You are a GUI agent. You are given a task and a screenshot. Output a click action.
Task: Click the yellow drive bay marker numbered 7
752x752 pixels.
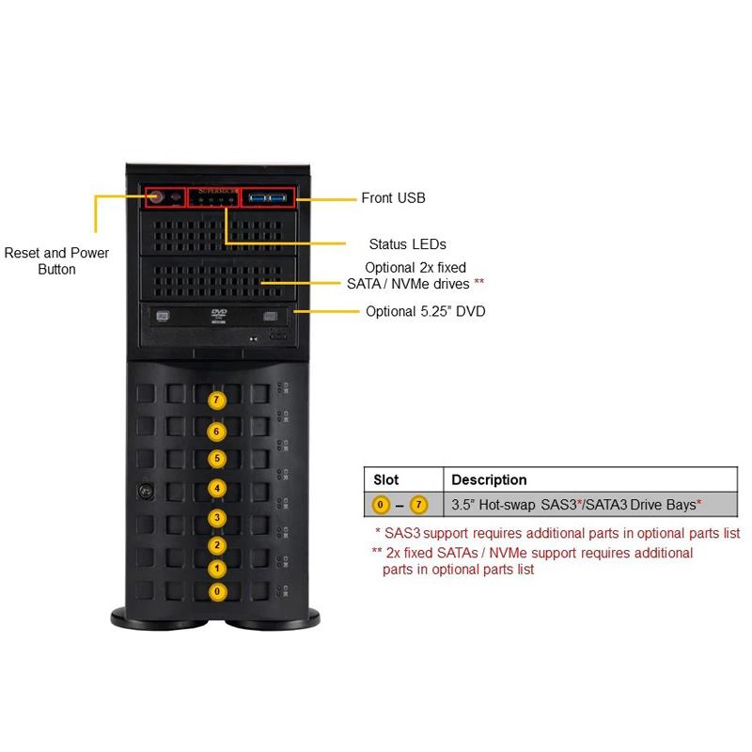pos(217,399)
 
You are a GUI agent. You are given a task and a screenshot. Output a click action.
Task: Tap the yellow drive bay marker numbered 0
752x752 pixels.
pos(217,591)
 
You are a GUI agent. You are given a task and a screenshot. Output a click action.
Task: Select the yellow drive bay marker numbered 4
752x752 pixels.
pos(217,489)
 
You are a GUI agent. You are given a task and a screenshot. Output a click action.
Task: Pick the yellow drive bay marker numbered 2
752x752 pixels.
pos(217,545)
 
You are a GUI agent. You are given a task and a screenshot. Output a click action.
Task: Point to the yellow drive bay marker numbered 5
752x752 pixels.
pos(217,459)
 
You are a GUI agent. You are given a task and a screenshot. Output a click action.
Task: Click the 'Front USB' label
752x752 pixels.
pos(393,198)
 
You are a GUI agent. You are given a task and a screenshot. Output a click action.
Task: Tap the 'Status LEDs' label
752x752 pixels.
pos(407,244)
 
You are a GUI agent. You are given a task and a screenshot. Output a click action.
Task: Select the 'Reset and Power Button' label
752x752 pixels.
pos(56,260)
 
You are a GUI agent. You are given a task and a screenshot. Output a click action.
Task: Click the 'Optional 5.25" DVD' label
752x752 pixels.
pos(425,311)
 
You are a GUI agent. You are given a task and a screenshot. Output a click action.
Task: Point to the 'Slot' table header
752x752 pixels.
pos(386,479)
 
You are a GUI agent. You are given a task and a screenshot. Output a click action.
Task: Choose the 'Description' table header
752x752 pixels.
pos(489,479)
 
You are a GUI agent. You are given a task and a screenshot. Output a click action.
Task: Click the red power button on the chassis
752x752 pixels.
pos(157,197)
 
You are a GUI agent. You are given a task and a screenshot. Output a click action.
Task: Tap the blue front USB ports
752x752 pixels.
pos(268,197)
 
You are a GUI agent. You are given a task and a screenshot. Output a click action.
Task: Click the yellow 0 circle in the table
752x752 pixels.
pos(381,505)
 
